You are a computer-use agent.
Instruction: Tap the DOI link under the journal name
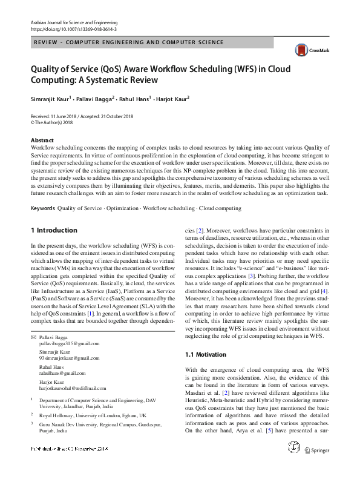pyautogui.click(x=73, y=29)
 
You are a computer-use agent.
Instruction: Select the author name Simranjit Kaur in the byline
pyautogui.click(x=50, y=98)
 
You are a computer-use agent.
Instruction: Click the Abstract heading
pyautogui.click(x=42, y=140)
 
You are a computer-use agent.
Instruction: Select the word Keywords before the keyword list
pyautogui.click(x=42, y=208)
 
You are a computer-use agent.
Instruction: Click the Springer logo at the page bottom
pyautogui.click(x=316, y=466)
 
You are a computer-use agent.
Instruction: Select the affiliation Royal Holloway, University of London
pyautogui.click(x=93, y=416)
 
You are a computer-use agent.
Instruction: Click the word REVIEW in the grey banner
pyautogui.click(x=47, y=43)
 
